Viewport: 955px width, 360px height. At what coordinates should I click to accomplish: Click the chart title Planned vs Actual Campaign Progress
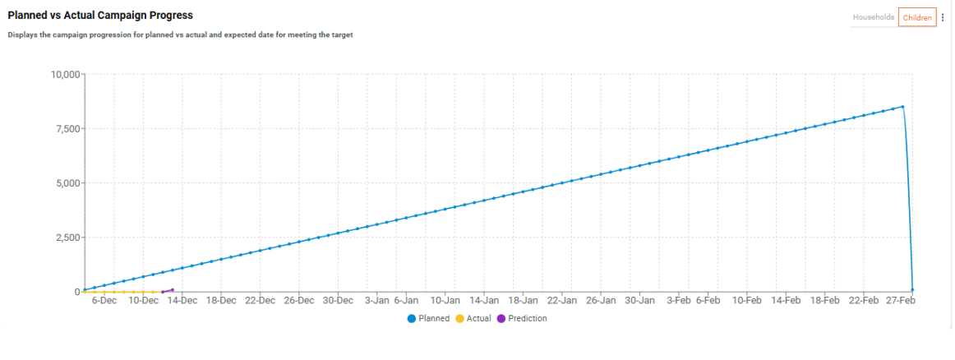(x=100, y=16)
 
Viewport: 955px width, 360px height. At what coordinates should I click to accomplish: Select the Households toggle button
(x=873, y=17)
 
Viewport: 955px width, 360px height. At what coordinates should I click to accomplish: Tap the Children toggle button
(x=916, y=17)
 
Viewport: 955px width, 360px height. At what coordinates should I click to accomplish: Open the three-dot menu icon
(x=943, y=17)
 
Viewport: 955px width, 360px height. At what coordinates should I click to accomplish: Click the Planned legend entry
(x=428, y=318)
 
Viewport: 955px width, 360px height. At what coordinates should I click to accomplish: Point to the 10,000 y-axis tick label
(x=62, y=75)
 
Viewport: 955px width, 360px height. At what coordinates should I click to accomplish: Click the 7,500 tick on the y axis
(x=66, y=129)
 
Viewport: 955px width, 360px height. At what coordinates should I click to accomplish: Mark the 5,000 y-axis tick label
(x=66, y=183)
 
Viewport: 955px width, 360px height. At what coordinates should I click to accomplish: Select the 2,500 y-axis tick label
(x=66, y=238)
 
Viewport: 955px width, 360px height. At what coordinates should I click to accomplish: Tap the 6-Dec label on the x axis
(x=104, y=301)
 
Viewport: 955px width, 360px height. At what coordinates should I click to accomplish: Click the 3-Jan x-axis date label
(x=376, y=301)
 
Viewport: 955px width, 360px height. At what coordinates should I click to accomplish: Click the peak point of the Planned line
(x=902, y=106)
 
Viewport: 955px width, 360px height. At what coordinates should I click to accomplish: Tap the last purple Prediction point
(x=172, y=289)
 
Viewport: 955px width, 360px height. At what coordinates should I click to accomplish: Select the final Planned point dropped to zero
(x=912, y=290)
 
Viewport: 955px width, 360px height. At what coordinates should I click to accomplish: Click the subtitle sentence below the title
(x=180, y=35)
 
